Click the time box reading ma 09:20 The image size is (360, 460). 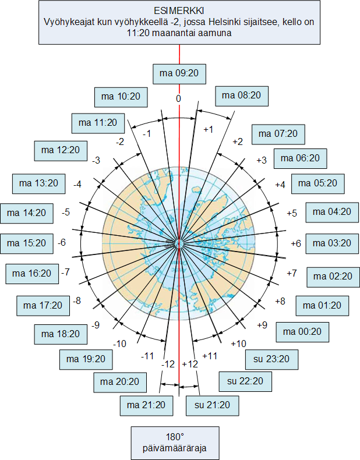click(x=179, y=74)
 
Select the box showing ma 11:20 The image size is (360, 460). click(x=98, y=123)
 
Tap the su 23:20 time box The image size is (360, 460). click(x=271, y=359)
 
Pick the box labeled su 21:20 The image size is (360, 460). click(x=213, y=406)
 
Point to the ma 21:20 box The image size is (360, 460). click(x=146, y=406)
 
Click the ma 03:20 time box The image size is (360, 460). click(x=332, y=244)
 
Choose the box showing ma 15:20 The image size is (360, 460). click(x=27, y=244)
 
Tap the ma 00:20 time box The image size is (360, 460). click(x=302, y=332)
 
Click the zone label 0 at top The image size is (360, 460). click(x=179, y=99)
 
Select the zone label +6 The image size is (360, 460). click(x=296, y=243)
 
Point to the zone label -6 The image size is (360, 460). click(x=62, y=243)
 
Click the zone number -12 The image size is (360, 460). click(x=168, y=365)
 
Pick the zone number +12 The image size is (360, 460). click(x=190, y=365)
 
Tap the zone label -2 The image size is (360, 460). click(x=120, y=142)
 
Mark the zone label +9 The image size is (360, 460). click(x=262, y=325)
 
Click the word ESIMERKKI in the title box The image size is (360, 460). click(x=179, y=11)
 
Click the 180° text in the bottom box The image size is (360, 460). click(x=175, y=437)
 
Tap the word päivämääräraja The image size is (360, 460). click(x=175, y=448)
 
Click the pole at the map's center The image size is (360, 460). click(x=179, y=243)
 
